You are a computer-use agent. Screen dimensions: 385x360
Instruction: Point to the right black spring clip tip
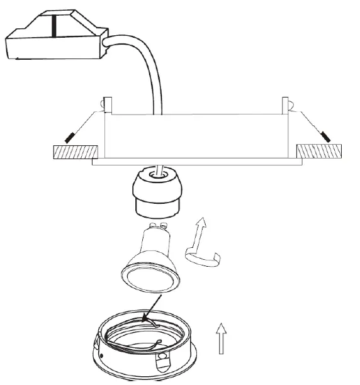(x=325, y=136)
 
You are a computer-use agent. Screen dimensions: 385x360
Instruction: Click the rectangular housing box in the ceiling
(x=195, y=135)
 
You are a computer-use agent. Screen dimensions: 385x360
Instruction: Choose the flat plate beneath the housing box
(x=195, y=162)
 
